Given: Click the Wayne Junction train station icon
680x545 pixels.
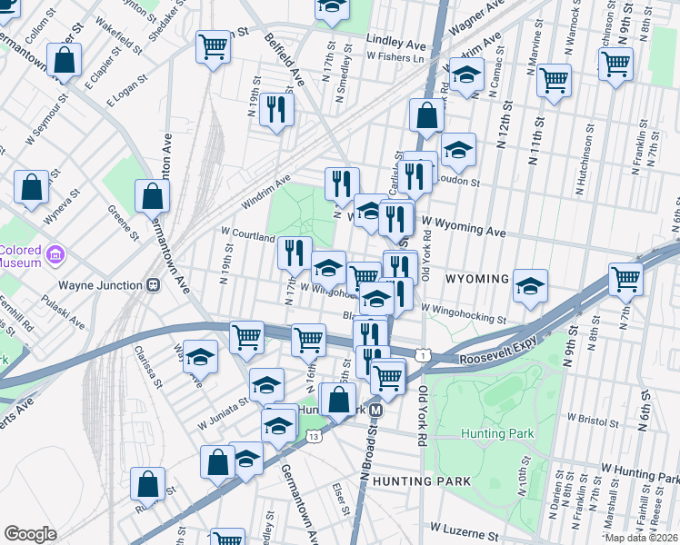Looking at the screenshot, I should click(154, 284).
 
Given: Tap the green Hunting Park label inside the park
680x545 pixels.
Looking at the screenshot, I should click(496, 434).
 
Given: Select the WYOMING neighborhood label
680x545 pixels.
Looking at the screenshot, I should click(477, 278).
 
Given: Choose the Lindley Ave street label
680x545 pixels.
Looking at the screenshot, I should click(396, 40).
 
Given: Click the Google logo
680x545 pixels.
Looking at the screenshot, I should click(30, 533).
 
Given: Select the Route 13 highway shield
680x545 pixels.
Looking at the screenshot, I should click(314, 437).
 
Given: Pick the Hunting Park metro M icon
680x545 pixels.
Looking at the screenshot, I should click(375, 410).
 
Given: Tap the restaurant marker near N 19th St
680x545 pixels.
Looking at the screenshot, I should click(275, 110).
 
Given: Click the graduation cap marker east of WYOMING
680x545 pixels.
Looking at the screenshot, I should click(530, 286).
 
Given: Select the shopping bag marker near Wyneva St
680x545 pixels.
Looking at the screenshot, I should click(32, 187).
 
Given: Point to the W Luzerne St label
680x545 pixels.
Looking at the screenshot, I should click(466, 527).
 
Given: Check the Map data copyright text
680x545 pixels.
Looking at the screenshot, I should click(642, 538).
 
